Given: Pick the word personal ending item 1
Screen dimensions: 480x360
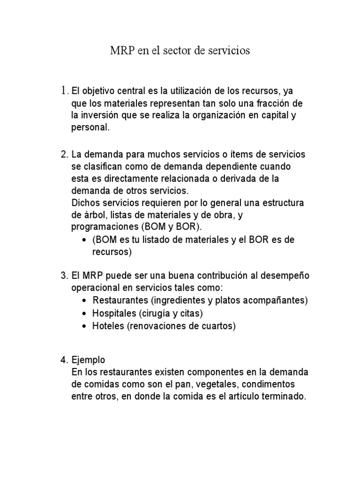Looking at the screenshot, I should (90, 127).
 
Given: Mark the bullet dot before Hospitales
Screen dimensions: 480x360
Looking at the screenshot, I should (83, 313).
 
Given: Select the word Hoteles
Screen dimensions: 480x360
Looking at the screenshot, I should (108, 326).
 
